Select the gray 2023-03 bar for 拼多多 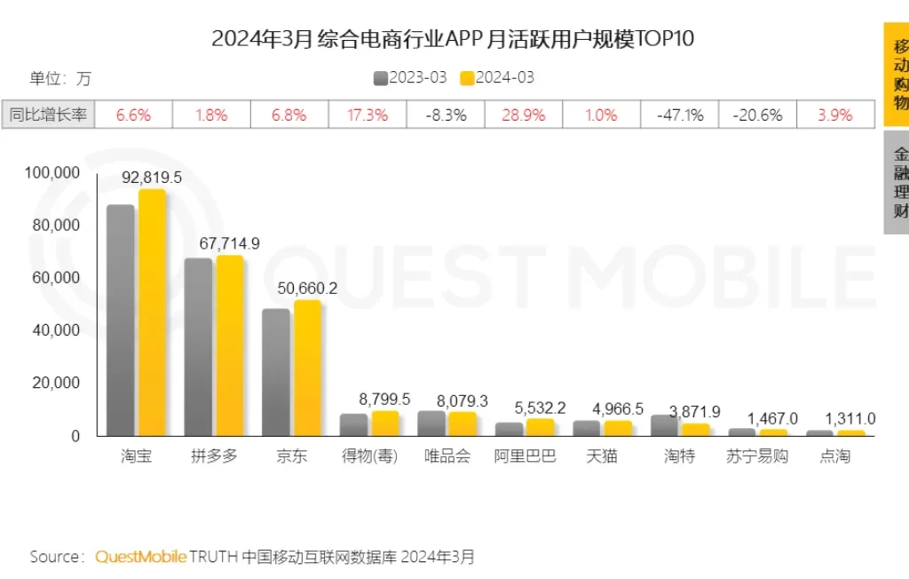coord(198,347)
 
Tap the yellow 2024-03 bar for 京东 coord(307,369)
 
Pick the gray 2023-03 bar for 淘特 coord(665,425)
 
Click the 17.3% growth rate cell coord(368,115)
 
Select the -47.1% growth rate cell coord(680,115)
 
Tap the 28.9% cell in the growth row coord(524,115)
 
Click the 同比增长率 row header coord(48,115)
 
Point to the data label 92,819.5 coord(152,178)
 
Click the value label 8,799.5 coord(384,400)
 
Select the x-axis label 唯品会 coord(446,457)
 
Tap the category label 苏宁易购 coord(759,457)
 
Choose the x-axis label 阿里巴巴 coord(524,457)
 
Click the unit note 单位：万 coord(60,78)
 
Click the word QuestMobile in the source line coord(140,557)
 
